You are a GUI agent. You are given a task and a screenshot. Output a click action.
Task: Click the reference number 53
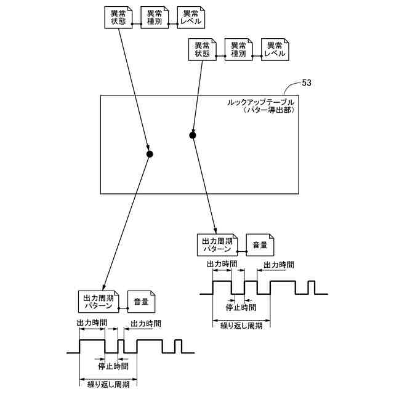[307, 82]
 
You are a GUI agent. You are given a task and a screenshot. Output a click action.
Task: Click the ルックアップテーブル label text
[260, 103]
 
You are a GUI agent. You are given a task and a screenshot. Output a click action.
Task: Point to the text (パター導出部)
[268, 110]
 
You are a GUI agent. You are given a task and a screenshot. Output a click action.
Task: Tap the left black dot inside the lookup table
[150, 154]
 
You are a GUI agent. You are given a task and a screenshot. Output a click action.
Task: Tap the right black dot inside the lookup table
[193, 135]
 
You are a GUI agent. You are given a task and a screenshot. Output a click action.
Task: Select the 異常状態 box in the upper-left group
[118, 17]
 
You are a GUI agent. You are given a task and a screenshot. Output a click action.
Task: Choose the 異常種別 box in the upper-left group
[155, 17]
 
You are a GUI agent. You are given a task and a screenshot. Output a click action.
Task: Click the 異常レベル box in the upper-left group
[191, 17]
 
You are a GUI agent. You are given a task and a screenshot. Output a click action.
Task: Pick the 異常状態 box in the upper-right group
[203, 49]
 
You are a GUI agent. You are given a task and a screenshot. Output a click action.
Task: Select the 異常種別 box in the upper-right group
[238, 49]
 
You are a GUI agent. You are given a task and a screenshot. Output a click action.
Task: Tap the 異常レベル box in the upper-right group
[275, 49]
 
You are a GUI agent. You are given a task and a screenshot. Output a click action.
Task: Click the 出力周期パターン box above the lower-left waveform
[98, 302]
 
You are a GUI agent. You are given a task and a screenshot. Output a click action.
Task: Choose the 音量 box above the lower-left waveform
[141, 302]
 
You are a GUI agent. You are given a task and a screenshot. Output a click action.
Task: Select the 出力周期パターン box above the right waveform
[217, 245]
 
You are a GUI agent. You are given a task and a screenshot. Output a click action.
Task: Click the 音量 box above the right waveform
[260, 245]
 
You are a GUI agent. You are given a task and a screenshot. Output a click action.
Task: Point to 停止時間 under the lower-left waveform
[113, 366]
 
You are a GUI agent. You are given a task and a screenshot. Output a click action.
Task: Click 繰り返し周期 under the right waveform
[241, 326]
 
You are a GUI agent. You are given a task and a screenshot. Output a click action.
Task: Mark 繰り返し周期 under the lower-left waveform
[108, 384]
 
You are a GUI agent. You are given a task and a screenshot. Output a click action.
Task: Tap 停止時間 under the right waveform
[241, 307]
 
